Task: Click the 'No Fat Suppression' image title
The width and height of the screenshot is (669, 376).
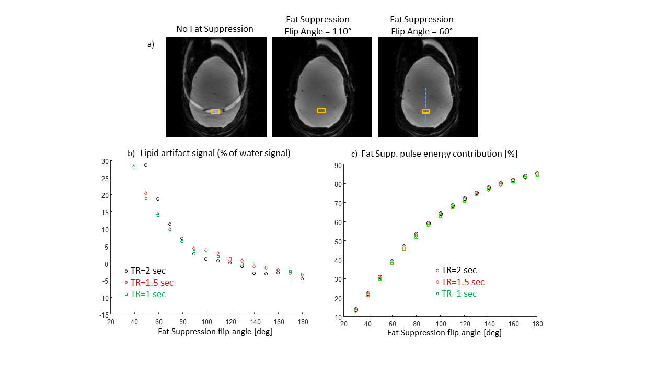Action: pos(215,29)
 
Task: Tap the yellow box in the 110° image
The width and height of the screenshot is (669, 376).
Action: pos(321,110)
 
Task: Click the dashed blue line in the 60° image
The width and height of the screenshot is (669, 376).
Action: pos(425,99)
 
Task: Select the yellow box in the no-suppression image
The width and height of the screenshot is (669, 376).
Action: pos(215,111)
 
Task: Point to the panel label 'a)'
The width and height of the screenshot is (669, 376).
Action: pos(151,45)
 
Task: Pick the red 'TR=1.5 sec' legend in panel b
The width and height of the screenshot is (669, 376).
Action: pos(151,283)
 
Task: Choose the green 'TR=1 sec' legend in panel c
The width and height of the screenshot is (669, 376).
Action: pos(459,293)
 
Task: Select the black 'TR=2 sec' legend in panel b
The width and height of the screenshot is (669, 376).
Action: pos(148,271)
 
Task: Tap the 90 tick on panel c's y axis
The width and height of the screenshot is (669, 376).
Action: pos(338,166)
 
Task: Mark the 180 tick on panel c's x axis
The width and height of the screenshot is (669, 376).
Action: pos(537,324)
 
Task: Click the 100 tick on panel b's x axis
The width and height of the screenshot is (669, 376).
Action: pos(206,323)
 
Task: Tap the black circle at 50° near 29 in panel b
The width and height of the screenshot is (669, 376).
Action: pos(146,165)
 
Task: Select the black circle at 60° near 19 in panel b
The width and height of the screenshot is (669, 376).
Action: pos(158,199)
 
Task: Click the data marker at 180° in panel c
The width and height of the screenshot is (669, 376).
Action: pos(537,174)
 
